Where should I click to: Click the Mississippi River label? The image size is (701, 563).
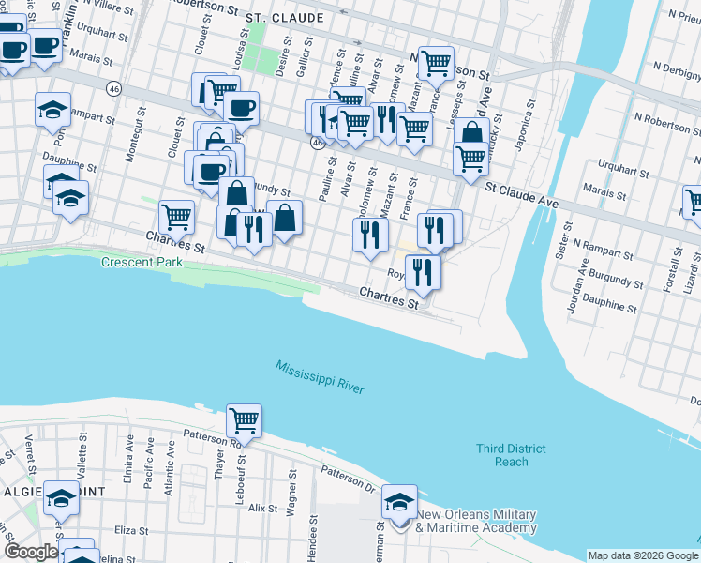click(x=320, y=377)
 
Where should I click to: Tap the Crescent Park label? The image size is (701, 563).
click(x=142, y=263)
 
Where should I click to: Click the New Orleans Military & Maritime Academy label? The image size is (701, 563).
click(x=476, y=521)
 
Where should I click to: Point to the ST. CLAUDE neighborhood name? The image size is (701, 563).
click(x=285, y=18)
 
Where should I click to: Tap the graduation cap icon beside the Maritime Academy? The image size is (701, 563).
click(x=399, y=502)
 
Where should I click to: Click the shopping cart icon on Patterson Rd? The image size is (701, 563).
click(x=244, y=419)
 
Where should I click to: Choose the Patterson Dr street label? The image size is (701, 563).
click(x=348, y=478)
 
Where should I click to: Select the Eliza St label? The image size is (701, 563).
click(x=127, y=529)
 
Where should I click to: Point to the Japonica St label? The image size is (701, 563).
click(x=526, y=129)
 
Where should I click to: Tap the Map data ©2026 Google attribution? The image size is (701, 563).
click(x=643, y=555)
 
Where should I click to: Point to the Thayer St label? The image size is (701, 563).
click(x=222, y=464)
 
